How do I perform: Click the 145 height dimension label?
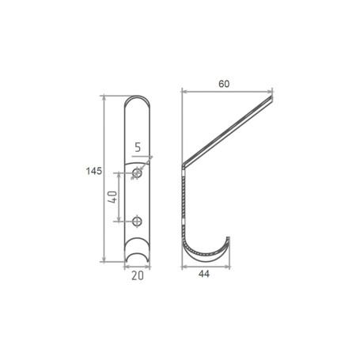pyautogui.click(x=94, y=171)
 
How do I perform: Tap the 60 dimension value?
pyautogui.click(x=224, y=84)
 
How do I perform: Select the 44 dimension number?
pyautogui.click(x=204, y=274)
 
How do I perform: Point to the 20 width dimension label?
pyautogui.click(x=138, y=275)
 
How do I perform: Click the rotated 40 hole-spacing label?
pyautogui.click(x=112, y=197)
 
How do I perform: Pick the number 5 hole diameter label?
pyautogui.click(x=138, y=147)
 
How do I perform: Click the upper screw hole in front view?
pyautogui.click(x=137, y=173)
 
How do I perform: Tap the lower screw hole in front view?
pyautogui.click(x=137, y=222)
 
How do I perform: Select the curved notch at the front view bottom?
pyautogui.click(x=137, y=255)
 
